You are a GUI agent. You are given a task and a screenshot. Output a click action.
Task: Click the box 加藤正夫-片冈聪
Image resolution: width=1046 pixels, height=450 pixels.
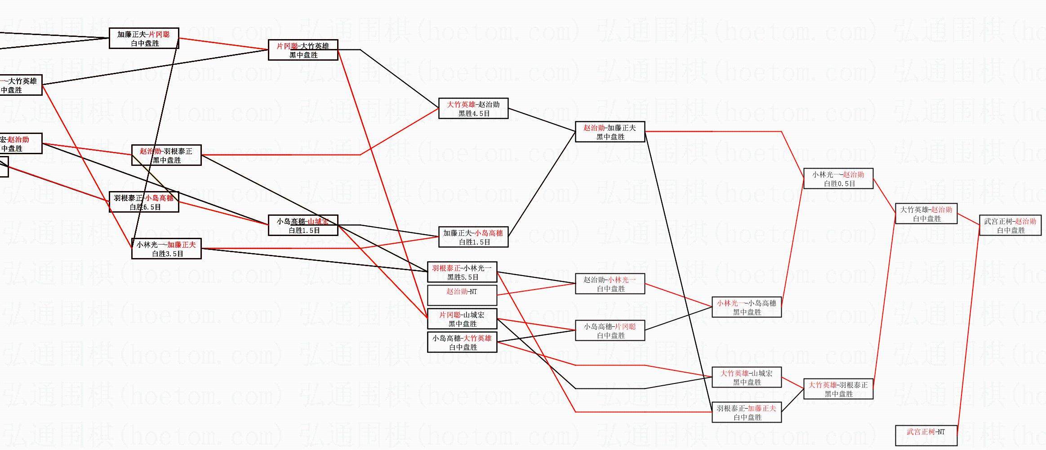tap(144, 38)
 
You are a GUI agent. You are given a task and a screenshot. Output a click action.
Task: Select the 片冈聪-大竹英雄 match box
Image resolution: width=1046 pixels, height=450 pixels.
tap(303, 50)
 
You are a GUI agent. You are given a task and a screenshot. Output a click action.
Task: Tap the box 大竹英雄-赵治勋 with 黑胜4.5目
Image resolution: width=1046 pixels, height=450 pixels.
tap(473, 108)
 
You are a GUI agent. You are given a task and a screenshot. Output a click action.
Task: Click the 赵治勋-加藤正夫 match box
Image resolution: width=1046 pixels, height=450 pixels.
tap(610, 132)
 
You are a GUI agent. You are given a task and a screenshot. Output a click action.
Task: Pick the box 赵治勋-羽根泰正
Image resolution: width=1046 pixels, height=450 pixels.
tap(166, 155)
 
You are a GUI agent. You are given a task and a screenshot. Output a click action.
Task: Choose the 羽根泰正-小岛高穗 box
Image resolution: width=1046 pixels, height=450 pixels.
tap(144, 202)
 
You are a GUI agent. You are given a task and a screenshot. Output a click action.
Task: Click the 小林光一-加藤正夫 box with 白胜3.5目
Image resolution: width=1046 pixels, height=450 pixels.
tap(166, 249)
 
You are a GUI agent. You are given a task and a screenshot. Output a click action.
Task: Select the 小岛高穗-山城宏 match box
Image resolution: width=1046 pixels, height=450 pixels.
tap(303, 225)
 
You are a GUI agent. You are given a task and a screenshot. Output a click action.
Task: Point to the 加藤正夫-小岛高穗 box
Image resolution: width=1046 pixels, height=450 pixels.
tap(473, 237)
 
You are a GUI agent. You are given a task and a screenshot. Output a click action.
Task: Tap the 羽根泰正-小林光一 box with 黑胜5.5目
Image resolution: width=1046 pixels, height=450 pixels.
tap(462, 272)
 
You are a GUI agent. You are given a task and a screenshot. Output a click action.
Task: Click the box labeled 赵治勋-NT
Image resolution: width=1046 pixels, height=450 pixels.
tap(462, 295)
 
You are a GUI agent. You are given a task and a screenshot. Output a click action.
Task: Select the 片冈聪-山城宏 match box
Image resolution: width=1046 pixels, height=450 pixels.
tap(462, 319)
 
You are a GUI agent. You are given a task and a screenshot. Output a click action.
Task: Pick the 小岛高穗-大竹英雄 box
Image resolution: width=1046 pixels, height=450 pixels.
tap(462, 342)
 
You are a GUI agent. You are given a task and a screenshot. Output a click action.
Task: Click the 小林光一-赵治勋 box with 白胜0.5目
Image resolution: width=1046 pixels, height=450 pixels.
tap(838, 178)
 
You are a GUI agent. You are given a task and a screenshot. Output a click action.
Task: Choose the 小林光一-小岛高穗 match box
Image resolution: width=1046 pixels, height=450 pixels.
tap(747, 307)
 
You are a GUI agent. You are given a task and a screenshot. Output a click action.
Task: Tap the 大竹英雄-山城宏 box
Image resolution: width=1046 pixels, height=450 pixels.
tap(747, 377)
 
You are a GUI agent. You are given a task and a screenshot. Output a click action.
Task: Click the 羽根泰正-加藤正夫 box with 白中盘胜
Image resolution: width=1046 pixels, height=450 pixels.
tap(747, 412)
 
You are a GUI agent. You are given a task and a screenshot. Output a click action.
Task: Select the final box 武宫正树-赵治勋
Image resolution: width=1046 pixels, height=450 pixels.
tap(1010, 225)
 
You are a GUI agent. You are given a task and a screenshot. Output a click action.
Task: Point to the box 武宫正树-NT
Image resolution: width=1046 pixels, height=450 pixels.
tap(926, 436)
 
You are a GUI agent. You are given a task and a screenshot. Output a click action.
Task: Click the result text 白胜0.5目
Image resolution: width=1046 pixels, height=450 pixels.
tap(839, 183)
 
